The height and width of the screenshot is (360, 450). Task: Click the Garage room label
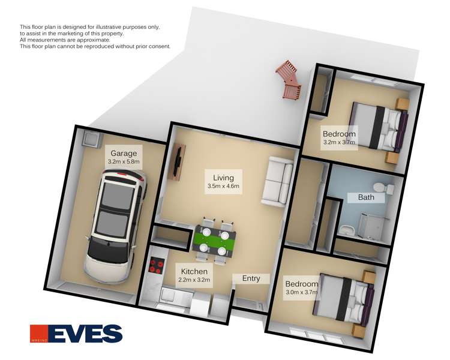[124, 153]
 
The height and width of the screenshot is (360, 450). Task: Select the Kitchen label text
[194, 272]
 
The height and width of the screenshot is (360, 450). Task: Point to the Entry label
[251, 278]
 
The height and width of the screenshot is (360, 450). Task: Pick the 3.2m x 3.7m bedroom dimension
[339, 143]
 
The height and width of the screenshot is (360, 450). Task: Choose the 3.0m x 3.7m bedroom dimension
[301, 293]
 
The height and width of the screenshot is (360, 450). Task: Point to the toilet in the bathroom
[388, 188]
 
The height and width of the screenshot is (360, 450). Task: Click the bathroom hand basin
[349, 230]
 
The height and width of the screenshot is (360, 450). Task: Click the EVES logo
[76, 334]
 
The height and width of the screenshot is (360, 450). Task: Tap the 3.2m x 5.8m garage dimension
[124, 162]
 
